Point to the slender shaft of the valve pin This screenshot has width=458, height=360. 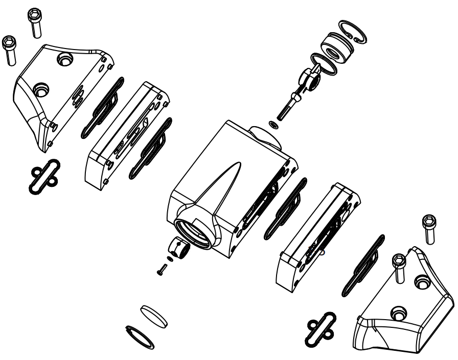pyautogui.click(x=285, y=108)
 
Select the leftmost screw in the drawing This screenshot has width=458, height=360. pyautogui.click(x=10, y=50)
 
